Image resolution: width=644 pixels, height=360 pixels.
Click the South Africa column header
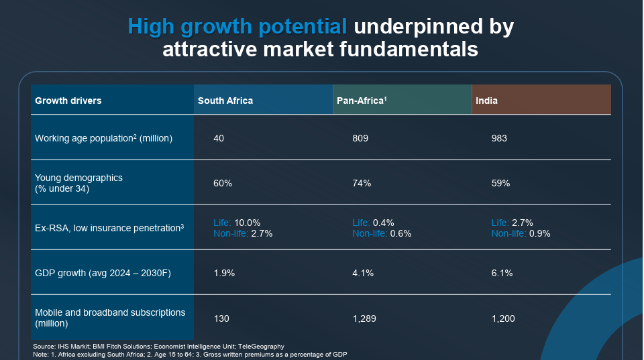225,101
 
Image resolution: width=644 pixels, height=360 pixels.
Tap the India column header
486,101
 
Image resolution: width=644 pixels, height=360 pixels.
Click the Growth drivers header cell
68,101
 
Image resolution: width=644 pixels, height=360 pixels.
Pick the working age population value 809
360,138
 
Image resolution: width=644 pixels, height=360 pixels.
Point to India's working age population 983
499,138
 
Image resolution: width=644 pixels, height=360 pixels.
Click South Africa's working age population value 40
219,138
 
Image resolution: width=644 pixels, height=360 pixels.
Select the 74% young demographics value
362,183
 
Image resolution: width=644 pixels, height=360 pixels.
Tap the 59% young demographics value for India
500,183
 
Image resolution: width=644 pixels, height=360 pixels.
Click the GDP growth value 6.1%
502,273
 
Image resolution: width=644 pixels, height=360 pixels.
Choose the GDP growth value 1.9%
223,273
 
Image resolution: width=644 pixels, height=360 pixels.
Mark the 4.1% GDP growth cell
363,273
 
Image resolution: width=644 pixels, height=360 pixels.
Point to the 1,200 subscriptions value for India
503,318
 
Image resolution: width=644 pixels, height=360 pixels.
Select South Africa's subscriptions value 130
221,318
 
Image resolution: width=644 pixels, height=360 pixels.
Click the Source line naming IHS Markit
158,346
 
